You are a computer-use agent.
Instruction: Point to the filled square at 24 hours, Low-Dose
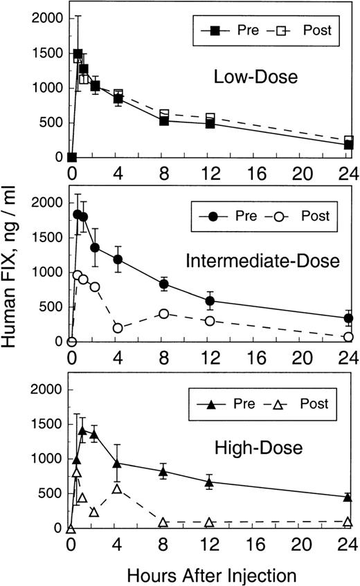[348, 145]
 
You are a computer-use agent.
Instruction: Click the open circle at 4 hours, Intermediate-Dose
[118, 328]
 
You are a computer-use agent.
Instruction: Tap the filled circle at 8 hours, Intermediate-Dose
[164, 284]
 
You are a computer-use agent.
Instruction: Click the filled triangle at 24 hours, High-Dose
[348, 497]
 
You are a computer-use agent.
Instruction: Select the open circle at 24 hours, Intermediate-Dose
[348, 337]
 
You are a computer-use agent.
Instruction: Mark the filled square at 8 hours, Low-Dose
[164, 121]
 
